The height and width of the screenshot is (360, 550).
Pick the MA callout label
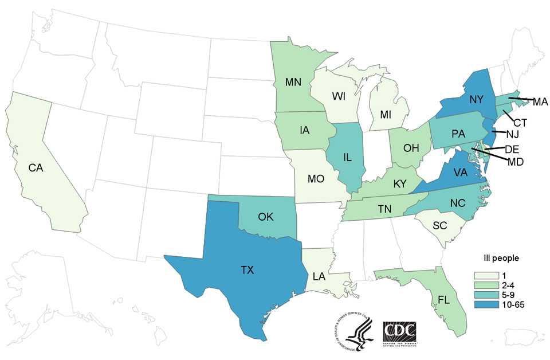pyautogui.click(x=540, y=102)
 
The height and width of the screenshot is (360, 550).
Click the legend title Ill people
pyautogui.click(x=503, y=257)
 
